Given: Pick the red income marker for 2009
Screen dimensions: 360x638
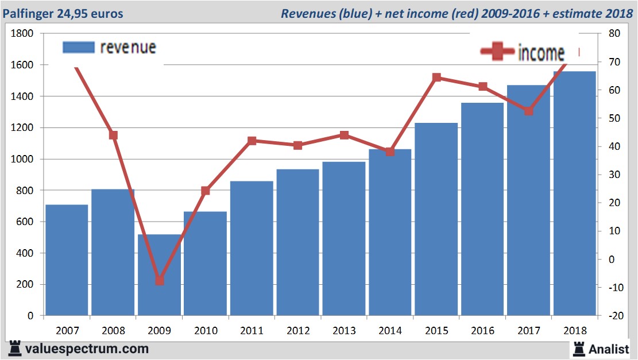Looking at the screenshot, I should point(160,281).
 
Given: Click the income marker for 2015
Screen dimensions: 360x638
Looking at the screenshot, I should point(436,78).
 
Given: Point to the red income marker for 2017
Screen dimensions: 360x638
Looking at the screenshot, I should point(529,111).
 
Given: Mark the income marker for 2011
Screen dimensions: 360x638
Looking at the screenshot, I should point(252,141).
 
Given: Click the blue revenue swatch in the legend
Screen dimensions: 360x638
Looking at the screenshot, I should point(78,47).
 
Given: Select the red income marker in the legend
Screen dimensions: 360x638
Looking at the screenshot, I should point(497,52).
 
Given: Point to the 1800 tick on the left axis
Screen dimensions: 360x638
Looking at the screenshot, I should point(22,34).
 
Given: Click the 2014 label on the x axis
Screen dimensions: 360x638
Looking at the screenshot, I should point(390,331).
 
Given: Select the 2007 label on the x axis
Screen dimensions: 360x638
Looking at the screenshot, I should point(67,331).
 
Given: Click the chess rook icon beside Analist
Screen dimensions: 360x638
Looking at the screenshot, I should point(578,348).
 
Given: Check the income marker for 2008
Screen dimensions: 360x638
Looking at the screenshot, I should point(113,136).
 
